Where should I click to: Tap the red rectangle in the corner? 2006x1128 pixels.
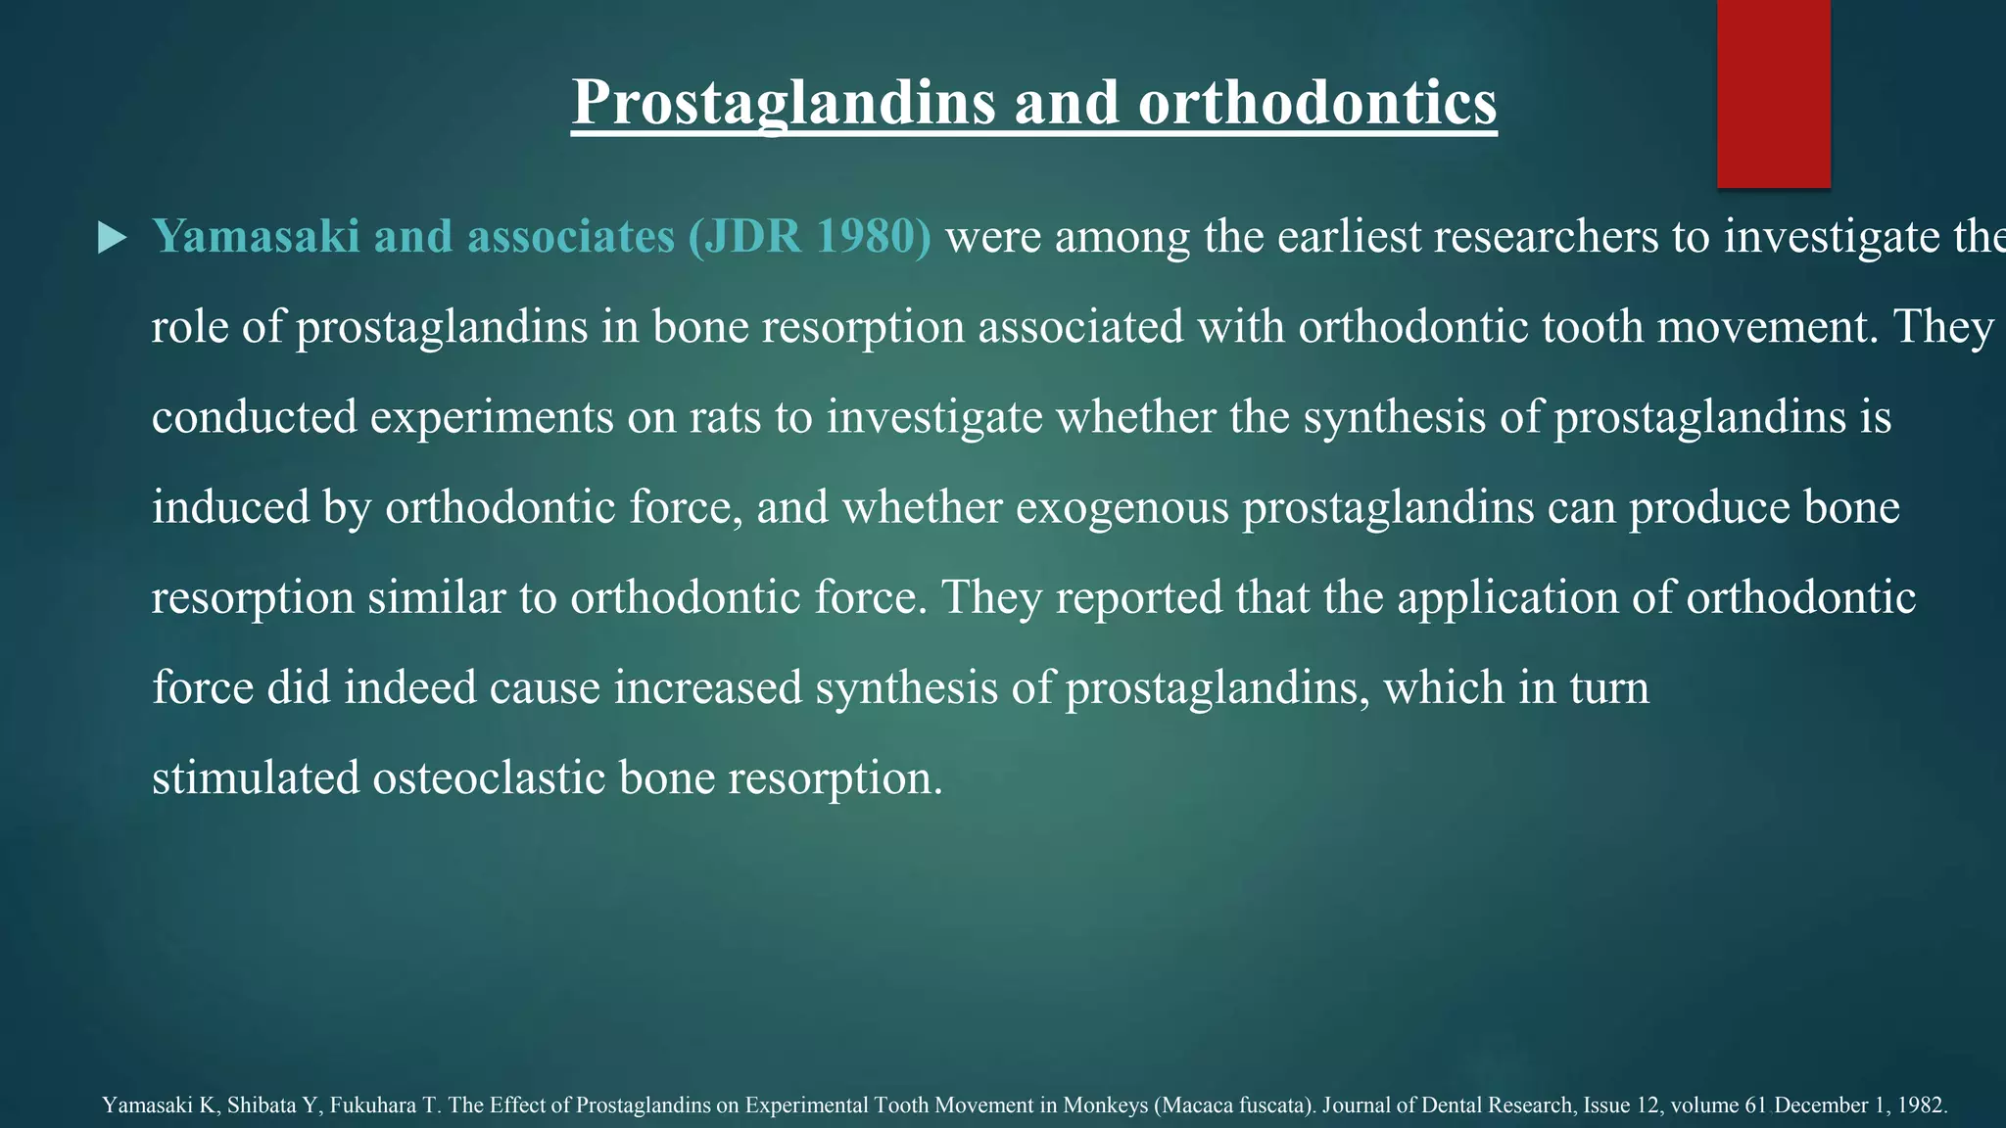click(x=1773, y=93)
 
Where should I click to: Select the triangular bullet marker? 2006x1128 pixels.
click(x=113, y=238)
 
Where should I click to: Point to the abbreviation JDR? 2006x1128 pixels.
click(x=752, y=236)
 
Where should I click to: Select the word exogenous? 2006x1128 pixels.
click(x=1122, y=507)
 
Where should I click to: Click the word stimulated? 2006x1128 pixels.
click(x=257, y=778)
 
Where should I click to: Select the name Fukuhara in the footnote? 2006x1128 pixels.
click(x=375, y=1105)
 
